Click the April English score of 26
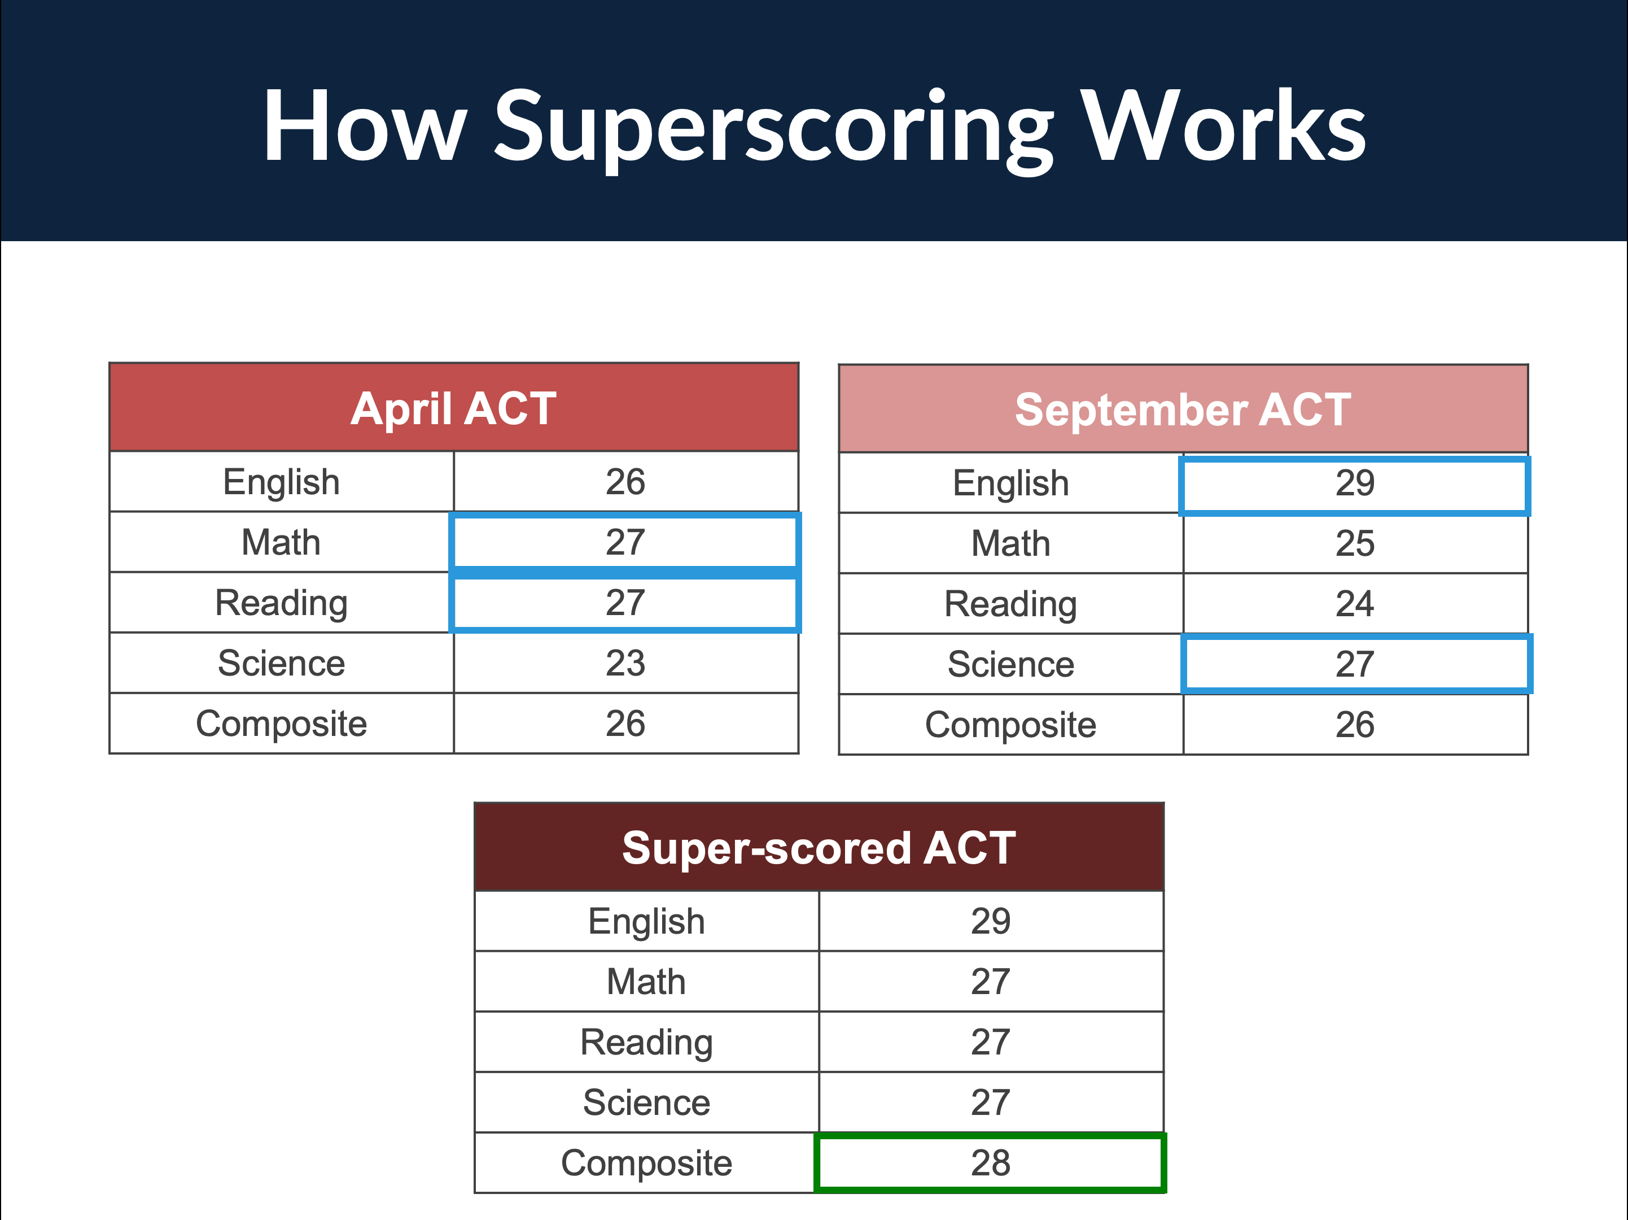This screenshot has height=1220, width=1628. [x=625, y=482]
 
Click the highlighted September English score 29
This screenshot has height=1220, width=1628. [x=1355, y=483]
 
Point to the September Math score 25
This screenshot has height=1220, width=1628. [x=1355, y=543]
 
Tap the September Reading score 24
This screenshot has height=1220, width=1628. [x=1355, y=604]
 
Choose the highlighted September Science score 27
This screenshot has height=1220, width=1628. [x=1355, y=664]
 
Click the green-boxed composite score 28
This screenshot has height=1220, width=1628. [x=991, y=1162]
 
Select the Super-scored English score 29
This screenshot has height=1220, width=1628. [x=991, y=921]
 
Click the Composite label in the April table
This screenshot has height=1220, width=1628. [x=281, y=724]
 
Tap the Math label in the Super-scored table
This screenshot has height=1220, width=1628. [x=646, y=982]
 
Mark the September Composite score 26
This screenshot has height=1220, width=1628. [x=1355, y=725]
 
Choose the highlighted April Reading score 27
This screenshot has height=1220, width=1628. [x=625, y=603]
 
